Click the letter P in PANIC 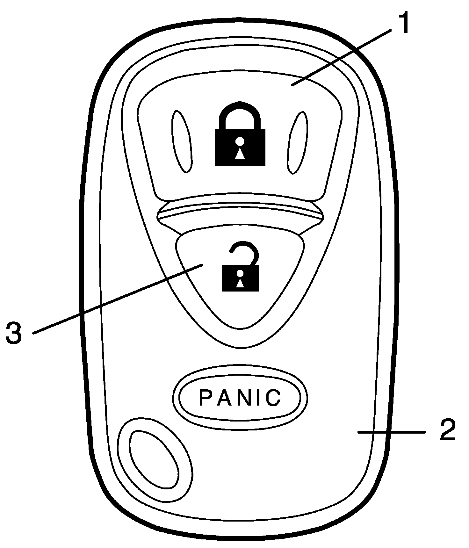pos(205,398)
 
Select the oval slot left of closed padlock pos(182,142)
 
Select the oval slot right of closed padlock pos(298,142)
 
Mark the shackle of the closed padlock pos(240,112)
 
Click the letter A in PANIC pos(222,398)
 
